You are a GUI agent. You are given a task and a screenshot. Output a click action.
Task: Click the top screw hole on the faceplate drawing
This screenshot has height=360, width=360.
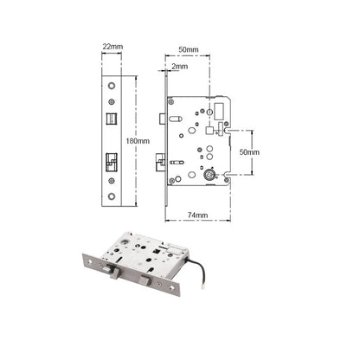114,85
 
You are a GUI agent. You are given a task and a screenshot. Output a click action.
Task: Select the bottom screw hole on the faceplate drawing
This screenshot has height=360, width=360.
114,196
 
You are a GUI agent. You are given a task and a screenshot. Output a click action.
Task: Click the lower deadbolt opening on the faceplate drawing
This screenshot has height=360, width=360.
114,161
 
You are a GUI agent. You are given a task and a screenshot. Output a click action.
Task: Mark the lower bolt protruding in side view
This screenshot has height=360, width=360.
161,159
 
